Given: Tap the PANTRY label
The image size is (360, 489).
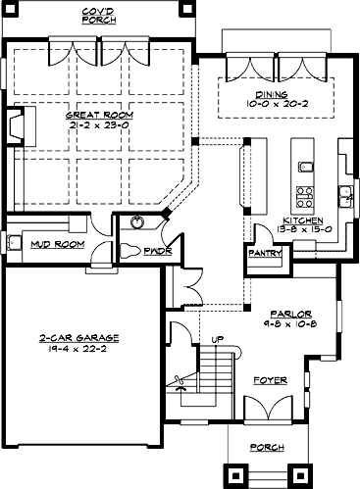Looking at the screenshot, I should [x=265, y=253].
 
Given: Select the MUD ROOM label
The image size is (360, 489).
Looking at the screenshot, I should [x=57, y=244].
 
